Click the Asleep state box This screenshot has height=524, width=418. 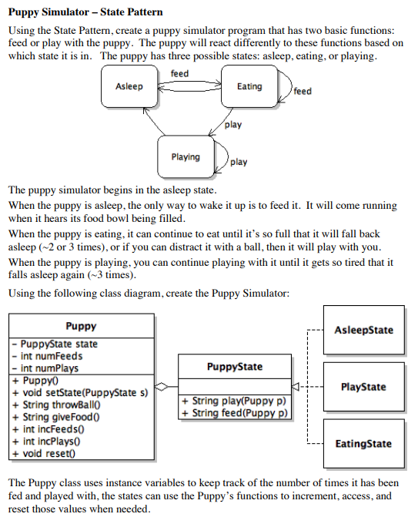tap(129, 86)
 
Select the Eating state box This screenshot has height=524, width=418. tap(249, 86)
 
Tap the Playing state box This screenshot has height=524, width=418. tap(186, 157)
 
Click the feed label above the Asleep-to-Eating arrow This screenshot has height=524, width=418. tap(179, 74)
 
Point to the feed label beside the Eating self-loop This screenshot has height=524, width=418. tap(303, 92)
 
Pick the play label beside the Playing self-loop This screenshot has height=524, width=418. tap(239, 162)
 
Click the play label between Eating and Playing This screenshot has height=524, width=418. tap(232, 124)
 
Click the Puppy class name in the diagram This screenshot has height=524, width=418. tap(82, 326)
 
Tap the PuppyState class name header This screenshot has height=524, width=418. tap(235, 367)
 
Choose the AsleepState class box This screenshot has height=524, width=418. tap(363, 330)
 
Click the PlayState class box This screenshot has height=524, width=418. tap(363, 387)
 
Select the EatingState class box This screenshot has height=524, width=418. tap(363, 444)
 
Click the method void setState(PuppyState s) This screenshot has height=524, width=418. tap(80, 392)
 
